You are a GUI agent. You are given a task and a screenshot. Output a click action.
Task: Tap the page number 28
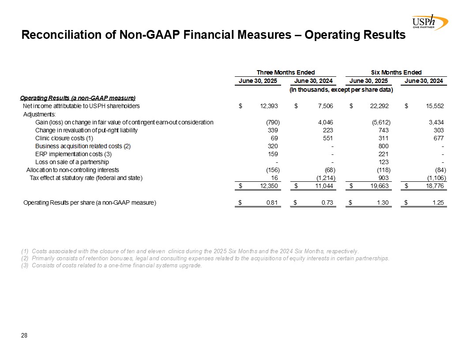coord(24,336)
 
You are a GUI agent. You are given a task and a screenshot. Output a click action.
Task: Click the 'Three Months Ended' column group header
coord(286,72)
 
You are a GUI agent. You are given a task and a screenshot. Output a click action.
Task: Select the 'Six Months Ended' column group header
coord(396,72)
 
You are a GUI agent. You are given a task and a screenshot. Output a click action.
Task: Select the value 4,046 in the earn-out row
coord(324,122)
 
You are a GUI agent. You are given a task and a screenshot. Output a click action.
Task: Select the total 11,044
coord(324,186)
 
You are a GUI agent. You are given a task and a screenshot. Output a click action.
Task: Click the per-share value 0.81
coord(271,203)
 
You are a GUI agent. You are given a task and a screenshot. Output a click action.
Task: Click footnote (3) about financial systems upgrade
coord(111,265)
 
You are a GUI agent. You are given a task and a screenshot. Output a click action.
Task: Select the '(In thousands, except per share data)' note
coord(341,90)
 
